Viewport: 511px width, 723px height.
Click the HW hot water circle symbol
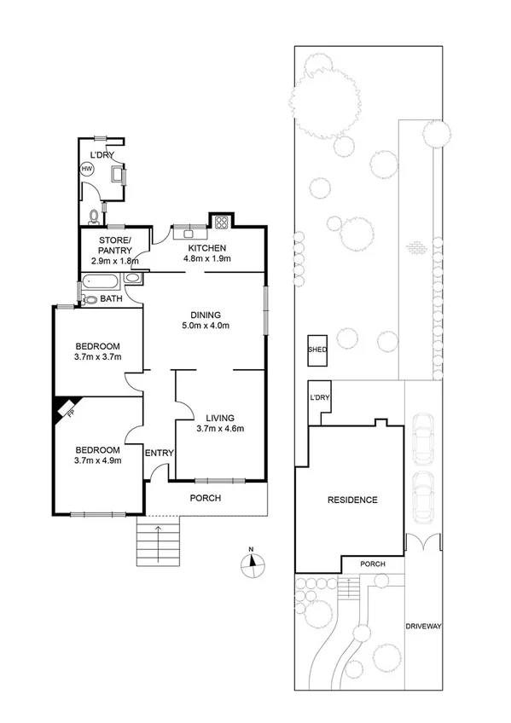(86, 170)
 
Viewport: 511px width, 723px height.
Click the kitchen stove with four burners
(222, 223)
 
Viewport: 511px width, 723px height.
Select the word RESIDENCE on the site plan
(352, 500)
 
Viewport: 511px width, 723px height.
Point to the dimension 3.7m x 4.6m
(220, 429)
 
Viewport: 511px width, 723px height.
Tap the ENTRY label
(160, 453)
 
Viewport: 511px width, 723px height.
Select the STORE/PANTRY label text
(114, 246)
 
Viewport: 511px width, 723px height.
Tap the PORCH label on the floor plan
(205, 498)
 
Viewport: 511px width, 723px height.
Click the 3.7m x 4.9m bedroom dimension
(97, 461)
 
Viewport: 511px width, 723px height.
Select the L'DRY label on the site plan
(321, 398)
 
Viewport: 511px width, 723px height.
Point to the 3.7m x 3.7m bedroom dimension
(97, 356)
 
